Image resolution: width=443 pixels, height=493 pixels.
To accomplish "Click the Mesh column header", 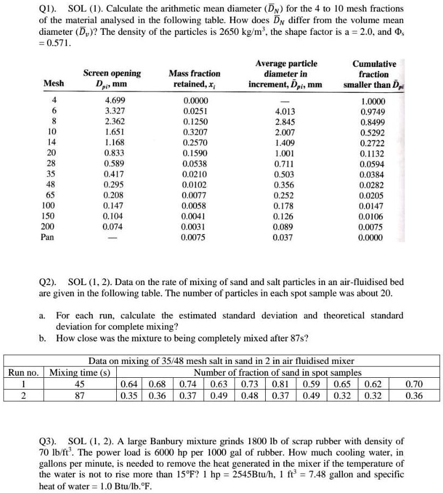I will click(x=54, y=83).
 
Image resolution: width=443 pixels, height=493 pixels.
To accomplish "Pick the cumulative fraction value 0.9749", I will click(x=373, y=111).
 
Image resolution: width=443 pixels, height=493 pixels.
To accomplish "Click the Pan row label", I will click(x=48, y=237).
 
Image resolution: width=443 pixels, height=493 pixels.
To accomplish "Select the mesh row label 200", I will click(x=48, y=226).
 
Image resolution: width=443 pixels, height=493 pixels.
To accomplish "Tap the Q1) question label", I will click(x=48, y=10).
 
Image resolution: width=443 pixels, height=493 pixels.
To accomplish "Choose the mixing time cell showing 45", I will click(x=82, y=384).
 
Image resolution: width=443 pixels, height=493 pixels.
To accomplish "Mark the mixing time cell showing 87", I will click(x=82, y=394).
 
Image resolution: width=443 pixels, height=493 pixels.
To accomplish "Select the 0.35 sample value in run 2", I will click(x=129, y=394).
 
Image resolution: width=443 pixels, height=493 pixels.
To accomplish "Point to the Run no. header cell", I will click(x=23, y=372).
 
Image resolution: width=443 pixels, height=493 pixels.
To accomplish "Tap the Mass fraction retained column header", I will click(x=194, y=78).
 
